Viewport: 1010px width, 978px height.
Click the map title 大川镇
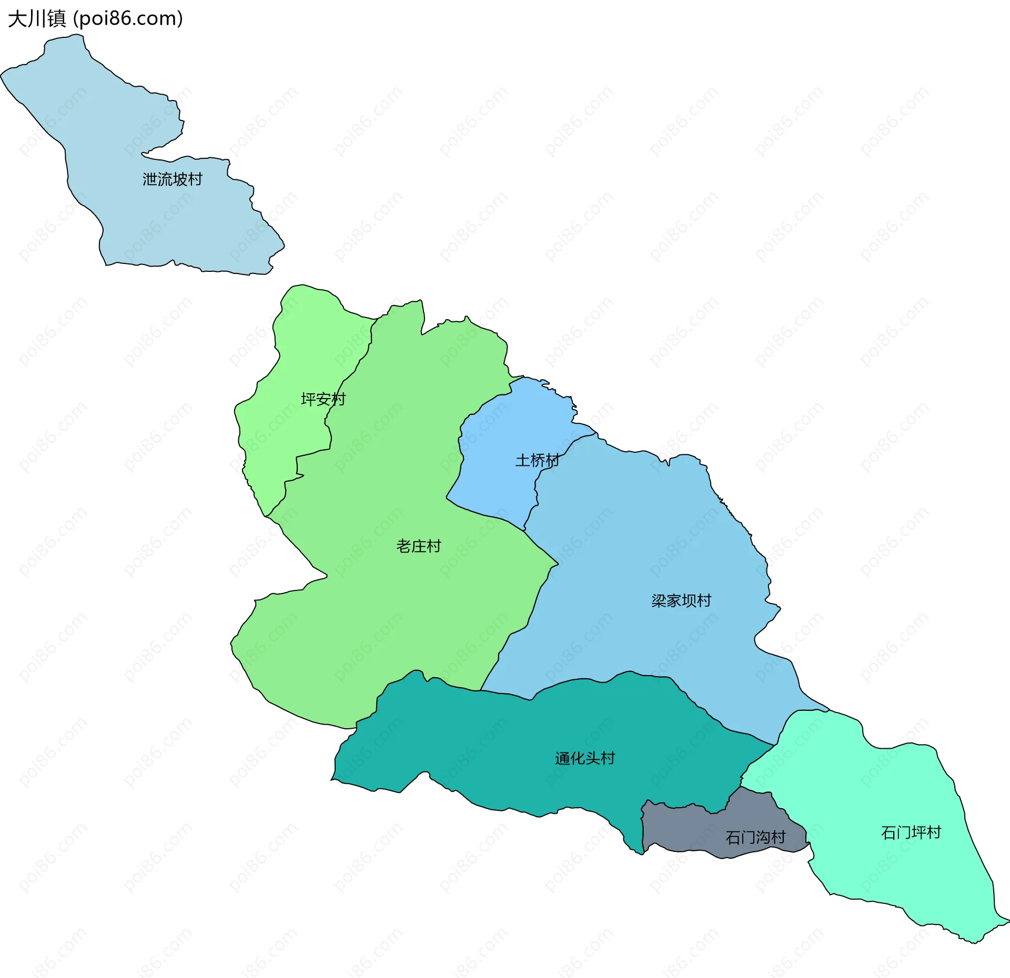[37, 19]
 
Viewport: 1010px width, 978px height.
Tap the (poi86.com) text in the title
[128, 19]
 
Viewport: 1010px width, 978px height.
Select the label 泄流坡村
[172, 179]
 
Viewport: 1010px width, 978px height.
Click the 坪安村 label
[323, 399]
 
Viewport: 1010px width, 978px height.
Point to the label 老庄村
[418, 546]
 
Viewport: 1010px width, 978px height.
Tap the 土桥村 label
[537, 460]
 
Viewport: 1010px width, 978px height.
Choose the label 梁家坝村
[681, 600]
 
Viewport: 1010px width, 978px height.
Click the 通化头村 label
[584, 758]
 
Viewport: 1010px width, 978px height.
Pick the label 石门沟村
[755, 837]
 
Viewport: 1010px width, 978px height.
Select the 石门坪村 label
[911, 832]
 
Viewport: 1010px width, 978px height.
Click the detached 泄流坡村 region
[132, 221]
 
